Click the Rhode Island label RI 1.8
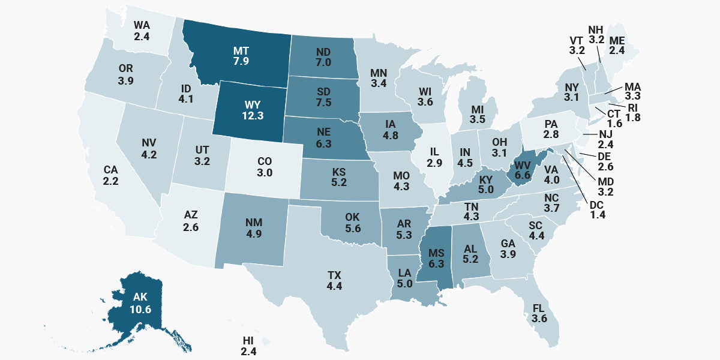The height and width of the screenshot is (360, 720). click(x=633, y=112)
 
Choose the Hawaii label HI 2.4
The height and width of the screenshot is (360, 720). click(x=248, y=346)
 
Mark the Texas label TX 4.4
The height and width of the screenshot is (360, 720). click(x=334, y=280)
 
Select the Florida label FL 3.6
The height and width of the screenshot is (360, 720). click(x=539, y=313)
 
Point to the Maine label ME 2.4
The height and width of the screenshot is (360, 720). click(x=617, y=46)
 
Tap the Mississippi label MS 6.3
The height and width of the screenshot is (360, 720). click(x=435, y=257)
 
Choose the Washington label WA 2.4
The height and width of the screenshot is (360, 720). click(x=142, y=31)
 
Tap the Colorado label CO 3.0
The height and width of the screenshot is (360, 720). click(x=265, y=166)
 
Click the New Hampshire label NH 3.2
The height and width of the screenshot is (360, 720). click(x=596, y=35)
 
